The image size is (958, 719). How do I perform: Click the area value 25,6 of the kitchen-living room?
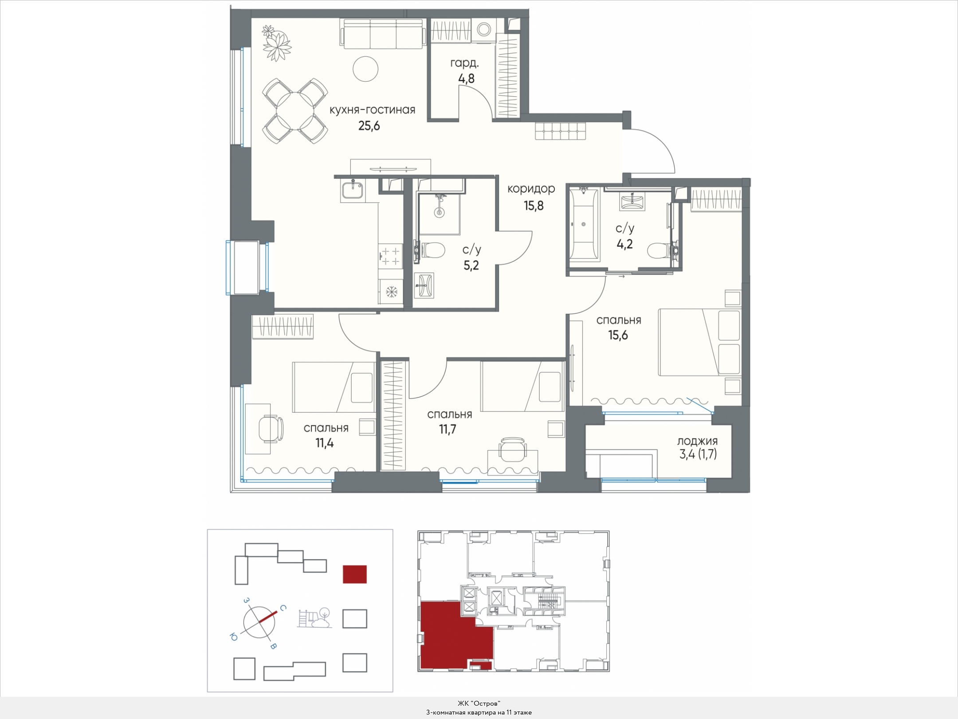(369, 126)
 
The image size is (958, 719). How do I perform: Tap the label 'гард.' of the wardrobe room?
(464, 63)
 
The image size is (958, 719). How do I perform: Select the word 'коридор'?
(531, 189)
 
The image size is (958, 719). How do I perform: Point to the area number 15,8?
(533, 205)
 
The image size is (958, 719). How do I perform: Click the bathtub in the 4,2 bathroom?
(583, 224)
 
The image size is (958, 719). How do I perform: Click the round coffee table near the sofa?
(365, 69)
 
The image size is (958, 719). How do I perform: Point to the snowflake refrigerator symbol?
(391, 292)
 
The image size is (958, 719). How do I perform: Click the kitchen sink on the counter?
(353, 190)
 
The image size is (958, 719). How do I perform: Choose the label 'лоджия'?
(697, 442)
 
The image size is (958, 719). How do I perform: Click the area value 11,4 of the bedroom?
(325, 443)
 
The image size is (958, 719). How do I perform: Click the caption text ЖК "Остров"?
(479, 703)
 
